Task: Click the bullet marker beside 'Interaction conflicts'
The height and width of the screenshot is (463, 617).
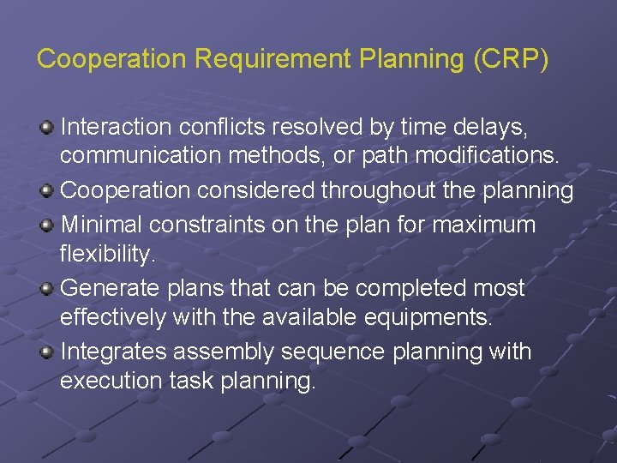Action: coord(46,128)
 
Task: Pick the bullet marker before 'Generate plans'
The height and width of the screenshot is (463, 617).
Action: coord(46,287)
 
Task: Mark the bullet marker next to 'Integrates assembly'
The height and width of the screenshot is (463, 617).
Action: coord(46,351)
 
